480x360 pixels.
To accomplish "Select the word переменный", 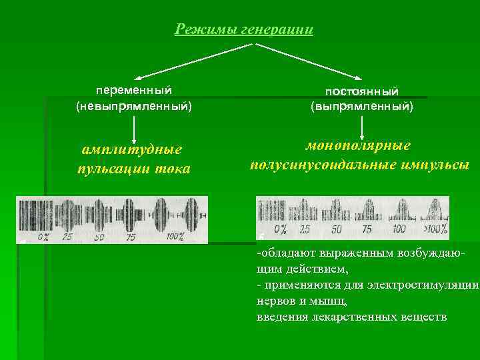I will click(x=134, y=89).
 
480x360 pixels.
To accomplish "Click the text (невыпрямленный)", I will click(x=134, y=106).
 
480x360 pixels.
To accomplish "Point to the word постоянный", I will click(x=362, y=90).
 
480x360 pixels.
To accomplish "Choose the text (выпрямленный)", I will click(x=362, y=107).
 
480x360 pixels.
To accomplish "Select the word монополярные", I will click(x=358, y=146).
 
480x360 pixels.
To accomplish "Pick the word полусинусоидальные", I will click(x=326, y=164).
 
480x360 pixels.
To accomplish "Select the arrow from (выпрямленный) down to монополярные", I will click(x=362, y=127).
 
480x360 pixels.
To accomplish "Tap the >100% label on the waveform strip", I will click(x=434, y=229).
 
